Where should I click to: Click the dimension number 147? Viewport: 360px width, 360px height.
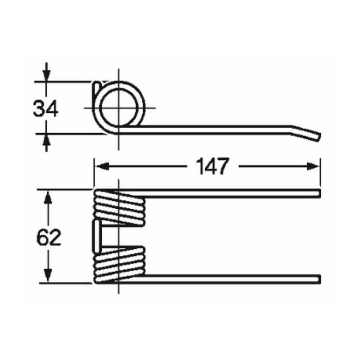pos(212,166)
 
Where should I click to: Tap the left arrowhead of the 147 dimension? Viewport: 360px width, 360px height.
pos(102,166)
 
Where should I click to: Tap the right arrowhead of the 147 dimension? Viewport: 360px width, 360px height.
pos(313,166)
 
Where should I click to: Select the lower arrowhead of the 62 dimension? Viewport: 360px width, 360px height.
pos(48,275)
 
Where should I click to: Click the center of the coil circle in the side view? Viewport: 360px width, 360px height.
pos(118,108)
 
